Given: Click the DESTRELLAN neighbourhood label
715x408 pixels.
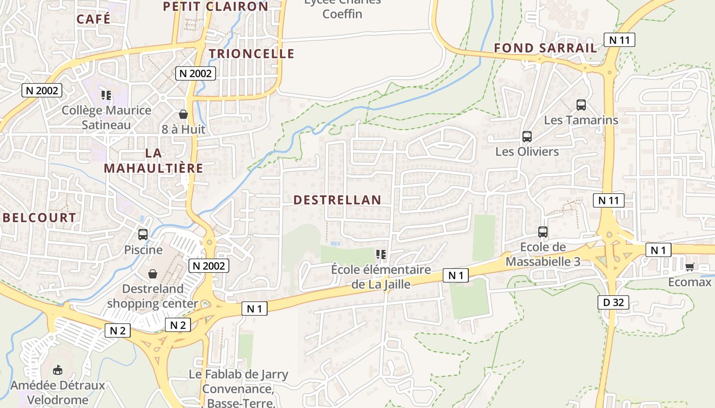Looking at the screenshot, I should point(338,200).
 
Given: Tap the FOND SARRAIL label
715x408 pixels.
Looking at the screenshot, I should point(545,48).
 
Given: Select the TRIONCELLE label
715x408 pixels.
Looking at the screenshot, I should point(252,54).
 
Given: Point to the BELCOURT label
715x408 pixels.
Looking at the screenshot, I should point(39,218).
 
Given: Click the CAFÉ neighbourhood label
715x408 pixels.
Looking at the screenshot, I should point(93,19).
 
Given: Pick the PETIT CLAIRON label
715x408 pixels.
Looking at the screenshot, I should point(216,7).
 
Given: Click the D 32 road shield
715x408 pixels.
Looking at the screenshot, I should point(613,302).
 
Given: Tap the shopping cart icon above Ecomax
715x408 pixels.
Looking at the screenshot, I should point(690,266).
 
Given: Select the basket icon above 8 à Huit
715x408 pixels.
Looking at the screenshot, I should point(183,114).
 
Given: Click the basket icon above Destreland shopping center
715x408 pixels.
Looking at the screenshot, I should point(152,274).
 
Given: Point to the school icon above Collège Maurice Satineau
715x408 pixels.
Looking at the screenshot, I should point(106,95).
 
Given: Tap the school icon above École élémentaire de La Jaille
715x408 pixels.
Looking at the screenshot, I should point(380,254).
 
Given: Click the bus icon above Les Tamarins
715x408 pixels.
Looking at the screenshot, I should point(581,105).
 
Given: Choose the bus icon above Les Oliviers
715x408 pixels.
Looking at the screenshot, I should point(527,137).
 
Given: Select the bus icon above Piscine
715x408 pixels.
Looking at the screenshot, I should point(143,235).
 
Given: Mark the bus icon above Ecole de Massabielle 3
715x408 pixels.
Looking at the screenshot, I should point(543,232).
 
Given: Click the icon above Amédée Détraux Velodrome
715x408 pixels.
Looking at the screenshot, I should point(58,370).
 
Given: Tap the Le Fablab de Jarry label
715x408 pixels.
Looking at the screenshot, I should point(239,374).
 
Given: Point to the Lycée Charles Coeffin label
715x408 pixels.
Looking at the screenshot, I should point(342,8).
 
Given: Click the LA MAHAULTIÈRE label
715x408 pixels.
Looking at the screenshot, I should point(153,160).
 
